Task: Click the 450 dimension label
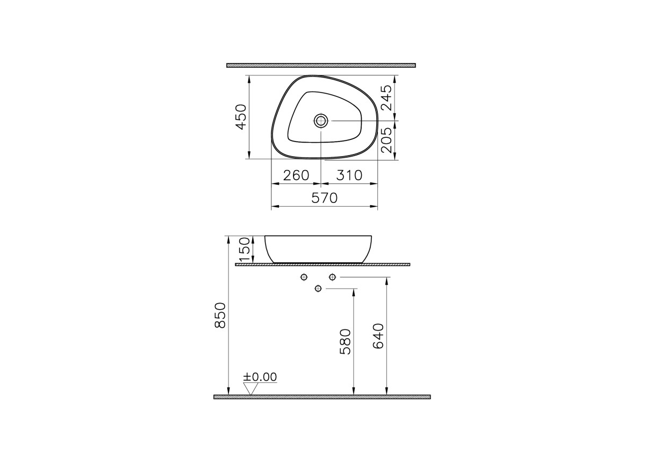[x=241, y=117]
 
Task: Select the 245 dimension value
[x=386, y=97]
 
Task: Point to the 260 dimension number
[x=296, y=176]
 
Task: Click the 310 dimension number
[x=349, y=176]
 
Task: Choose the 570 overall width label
[x=325, y=198]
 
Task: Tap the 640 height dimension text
[x=378, y=336]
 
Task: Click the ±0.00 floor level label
[x=260, y=377]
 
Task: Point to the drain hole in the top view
[x=321, y=121]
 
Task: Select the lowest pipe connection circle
[x=318, y=289]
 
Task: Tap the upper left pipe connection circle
[x=304, y=277]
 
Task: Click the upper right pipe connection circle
[x=332, y=277]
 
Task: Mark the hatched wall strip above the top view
[x=321, y=65]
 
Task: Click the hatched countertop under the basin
[x=322, y=265]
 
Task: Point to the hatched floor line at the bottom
[x=322, y=397]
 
